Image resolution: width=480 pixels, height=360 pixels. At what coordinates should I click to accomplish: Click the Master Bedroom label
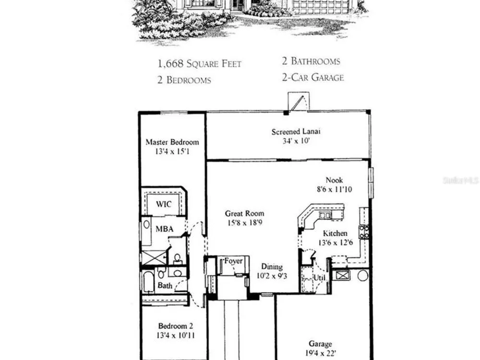pyautogui.click(x=172, y=142)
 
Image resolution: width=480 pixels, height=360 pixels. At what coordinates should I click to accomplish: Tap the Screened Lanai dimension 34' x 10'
pyautogui.click(x=296, y=141)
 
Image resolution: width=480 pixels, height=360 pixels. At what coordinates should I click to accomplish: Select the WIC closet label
pyautogui.click(x=164, y=204)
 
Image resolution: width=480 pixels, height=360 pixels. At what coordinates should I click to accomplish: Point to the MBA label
pyautogui.click(x=164, y=229)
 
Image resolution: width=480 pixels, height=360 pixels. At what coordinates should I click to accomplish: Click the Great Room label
pyautogui.click(x=244, y=214)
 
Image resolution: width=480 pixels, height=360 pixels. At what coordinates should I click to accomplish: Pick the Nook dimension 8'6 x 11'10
pyautogui.click(x=334, y=190)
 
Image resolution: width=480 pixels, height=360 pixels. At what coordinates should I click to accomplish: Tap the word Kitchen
pyautogui.click(x=335, y=234)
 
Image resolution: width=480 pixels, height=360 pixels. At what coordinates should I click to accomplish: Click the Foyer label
pyautogui.click(x=233, y=261)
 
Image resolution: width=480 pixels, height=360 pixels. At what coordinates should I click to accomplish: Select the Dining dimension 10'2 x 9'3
pyautogui.click(x=272, y=276)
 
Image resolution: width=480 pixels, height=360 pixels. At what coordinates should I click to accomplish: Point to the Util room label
pyautogui.click(x=319, y=278)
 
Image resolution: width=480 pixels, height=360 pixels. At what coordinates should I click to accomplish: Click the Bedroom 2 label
pyautogui.click(x=175, y=326)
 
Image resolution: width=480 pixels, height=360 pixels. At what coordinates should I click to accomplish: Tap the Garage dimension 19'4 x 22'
pyautogui.click(x=321, y=353)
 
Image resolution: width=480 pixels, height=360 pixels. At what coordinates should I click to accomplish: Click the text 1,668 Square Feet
pyautogui.click(x=200, y=64)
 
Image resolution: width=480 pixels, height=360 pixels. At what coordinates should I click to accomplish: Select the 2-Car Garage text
pyautogui.click(x=313, y=77)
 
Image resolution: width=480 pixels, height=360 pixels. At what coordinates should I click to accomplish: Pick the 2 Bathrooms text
pyautogui.click(x=311, y=61)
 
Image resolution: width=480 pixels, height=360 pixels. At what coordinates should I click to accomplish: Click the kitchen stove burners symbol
pyautogui.click(x=364, y=232)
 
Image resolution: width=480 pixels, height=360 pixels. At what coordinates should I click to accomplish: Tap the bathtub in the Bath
pyautogui.click(x=148, y=282)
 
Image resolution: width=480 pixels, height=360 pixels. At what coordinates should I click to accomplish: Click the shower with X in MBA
pyautogui.click(x=154, y=257)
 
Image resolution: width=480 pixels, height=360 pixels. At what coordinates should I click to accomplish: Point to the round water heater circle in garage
pyautogui.click(x=363, y=276)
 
